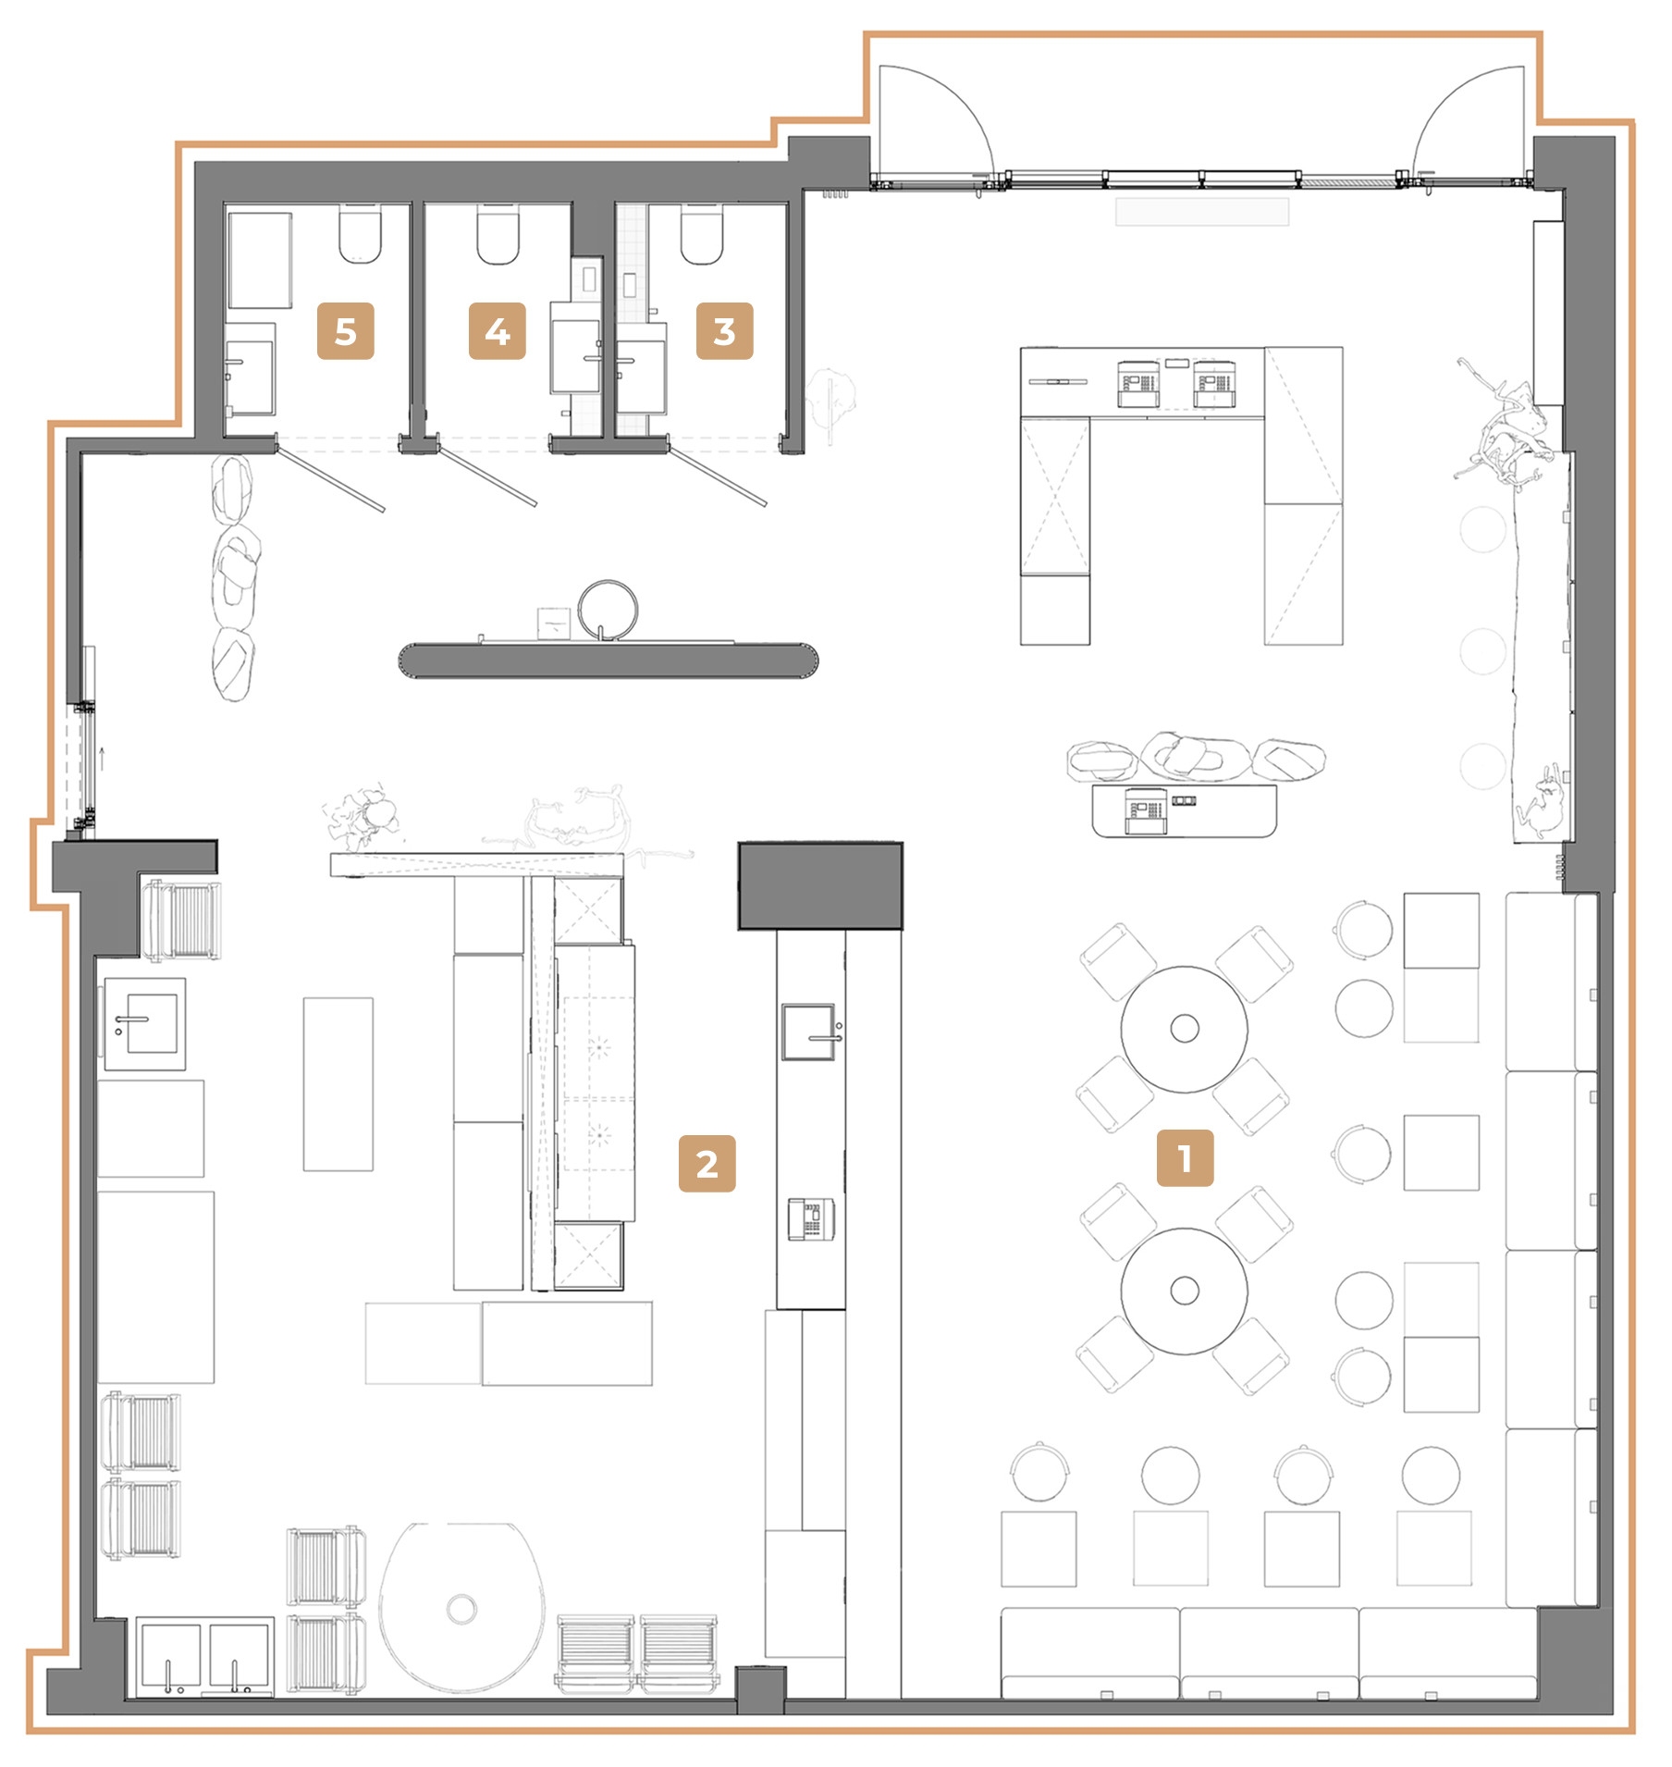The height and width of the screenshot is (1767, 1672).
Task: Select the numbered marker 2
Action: point(707,1164)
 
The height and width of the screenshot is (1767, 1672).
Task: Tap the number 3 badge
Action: point(724,331)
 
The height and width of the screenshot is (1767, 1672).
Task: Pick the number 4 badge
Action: point(497,331)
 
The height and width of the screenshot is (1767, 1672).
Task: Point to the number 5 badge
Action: point(345,331)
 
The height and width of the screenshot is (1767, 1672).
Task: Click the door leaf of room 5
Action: point(331,479)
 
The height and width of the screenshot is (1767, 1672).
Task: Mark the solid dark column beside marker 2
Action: point(819,885)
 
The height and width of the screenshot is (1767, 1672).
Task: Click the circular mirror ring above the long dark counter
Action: point(608,611)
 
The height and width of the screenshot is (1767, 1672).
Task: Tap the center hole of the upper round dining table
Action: point(1185,1028)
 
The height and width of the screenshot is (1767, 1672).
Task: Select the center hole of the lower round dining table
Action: point(1185,1291)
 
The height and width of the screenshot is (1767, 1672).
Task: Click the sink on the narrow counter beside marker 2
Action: point(811,1032)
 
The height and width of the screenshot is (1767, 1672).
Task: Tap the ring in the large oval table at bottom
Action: point(461,1608)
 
